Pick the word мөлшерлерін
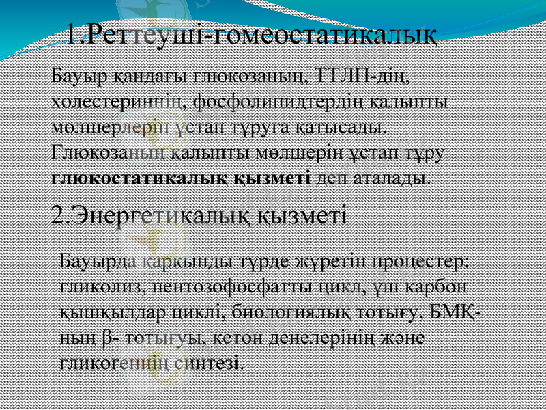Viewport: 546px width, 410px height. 108,127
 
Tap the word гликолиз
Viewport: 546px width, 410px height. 100,286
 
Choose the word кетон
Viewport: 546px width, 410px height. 240,337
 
